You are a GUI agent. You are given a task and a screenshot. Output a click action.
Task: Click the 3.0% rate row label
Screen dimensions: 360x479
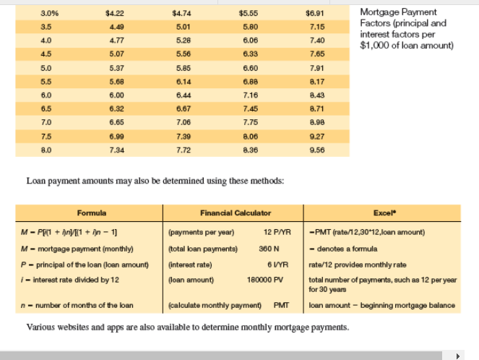50,12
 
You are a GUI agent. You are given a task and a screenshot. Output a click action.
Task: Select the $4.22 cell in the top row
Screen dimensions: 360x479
114,12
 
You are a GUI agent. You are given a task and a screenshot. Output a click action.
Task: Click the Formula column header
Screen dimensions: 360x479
92,213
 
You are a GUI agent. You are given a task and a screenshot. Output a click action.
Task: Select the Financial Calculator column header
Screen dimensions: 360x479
236,213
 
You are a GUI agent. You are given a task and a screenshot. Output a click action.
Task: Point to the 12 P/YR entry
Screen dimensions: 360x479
277,232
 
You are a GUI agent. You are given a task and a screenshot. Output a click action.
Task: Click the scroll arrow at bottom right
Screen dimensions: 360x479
456,355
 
